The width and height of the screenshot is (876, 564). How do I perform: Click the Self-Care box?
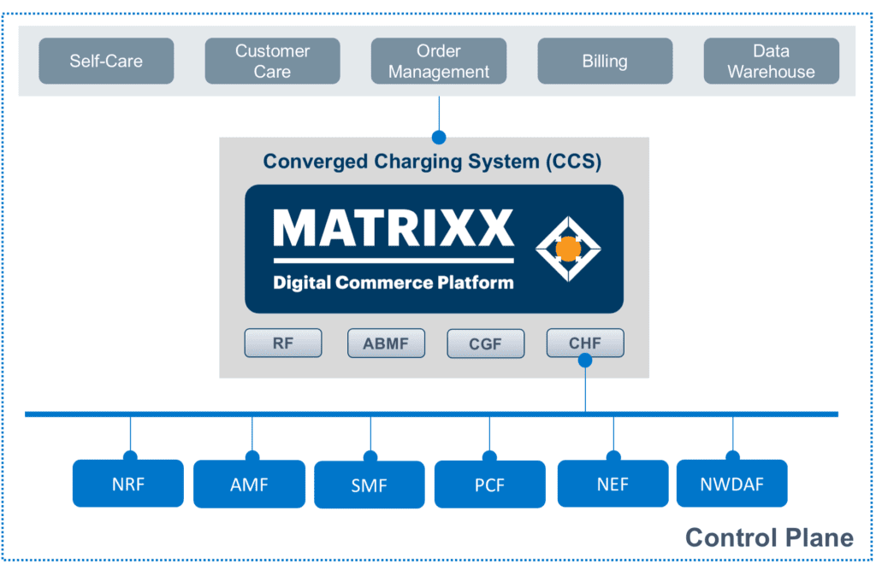point(106,62)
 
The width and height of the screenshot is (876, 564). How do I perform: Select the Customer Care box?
point(272,62)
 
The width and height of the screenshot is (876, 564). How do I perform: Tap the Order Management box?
point(439,62)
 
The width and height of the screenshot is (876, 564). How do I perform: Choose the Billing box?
point(605,62)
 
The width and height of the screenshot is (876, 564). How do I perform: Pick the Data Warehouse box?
point(771,62)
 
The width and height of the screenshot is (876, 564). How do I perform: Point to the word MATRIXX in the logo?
point(394,228)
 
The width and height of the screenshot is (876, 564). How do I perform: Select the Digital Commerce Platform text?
point(394,282)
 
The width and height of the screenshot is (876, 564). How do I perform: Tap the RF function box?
point(283,344)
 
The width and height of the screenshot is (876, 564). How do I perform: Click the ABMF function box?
point(386,344)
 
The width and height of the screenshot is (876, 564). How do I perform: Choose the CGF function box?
point(485,344)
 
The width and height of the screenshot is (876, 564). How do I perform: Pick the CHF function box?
point(585,343)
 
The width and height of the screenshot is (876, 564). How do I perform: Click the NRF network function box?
point(128,484)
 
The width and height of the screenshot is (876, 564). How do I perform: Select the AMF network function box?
point(249,485)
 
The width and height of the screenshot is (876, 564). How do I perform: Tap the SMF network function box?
point(370,485)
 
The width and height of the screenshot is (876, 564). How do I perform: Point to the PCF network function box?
point(490,485)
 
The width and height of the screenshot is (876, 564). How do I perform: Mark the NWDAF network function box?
point(732,484)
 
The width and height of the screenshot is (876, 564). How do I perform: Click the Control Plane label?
point(769,538)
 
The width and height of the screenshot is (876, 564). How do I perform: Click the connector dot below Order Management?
point(439,137)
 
